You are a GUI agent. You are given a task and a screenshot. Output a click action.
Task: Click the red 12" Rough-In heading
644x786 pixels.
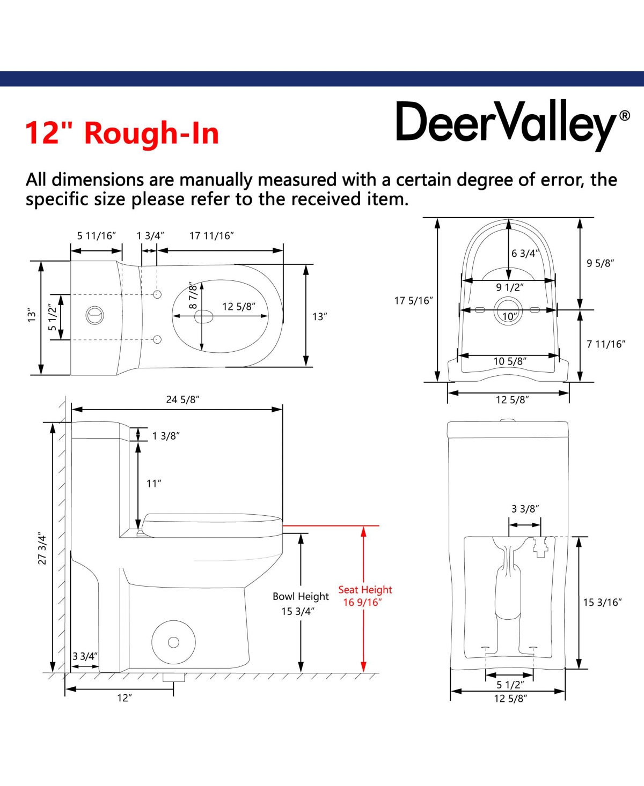[122, 133]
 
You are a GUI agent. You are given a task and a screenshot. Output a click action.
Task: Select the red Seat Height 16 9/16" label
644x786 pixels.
[365, 596]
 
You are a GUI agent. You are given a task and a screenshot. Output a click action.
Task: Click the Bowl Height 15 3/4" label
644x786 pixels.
[301, 604]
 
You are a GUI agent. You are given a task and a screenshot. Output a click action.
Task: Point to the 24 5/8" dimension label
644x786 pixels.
[182, 399]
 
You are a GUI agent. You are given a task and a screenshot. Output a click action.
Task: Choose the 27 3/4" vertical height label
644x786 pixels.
[42, 550]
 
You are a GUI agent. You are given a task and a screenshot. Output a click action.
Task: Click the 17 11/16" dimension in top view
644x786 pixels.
[211, 235]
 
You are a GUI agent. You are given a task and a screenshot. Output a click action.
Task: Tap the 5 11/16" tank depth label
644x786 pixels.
[96, 235]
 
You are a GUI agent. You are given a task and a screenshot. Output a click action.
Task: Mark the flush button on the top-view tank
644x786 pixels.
[95, 315]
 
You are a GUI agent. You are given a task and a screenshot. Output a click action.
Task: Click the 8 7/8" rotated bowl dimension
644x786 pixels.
[193, 295]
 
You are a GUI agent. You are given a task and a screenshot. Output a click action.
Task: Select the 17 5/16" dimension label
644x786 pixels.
[413, 300]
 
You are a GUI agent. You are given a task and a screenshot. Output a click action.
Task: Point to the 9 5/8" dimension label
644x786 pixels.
[600, 263]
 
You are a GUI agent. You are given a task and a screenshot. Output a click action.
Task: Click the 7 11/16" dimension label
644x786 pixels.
[605, 344]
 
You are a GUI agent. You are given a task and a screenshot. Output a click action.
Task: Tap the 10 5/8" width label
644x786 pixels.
[510, 361]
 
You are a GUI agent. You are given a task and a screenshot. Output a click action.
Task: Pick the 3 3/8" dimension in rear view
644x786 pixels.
[525, 509]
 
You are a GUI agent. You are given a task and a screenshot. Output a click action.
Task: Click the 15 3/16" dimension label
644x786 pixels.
[602, 603]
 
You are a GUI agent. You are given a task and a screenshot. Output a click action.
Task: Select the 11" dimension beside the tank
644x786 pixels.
[153, 484]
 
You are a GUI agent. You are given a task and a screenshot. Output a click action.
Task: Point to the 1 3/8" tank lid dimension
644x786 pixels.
[166, 436]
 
